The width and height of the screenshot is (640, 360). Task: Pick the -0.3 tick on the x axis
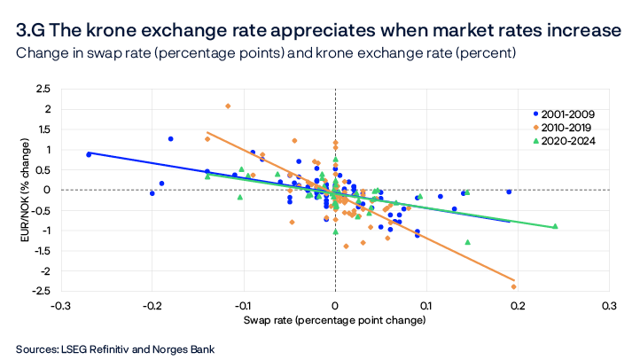(60, 304)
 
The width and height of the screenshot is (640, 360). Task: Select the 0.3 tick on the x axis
(609, 304)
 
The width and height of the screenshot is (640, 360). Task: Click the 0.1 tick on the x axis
(426, 304)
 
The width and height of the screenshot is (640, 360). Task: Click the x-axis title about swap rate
(334, 317)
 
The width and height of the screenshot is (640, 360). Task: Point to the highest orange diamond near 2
(228, 106)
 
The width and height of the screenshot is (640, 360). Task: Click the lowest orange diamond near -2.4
(514, 286)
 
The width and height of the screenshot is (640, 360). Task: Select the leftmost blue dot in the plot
(89, 154)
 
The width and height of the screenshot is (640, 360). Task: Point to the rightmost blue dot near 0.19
(509, 192)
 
